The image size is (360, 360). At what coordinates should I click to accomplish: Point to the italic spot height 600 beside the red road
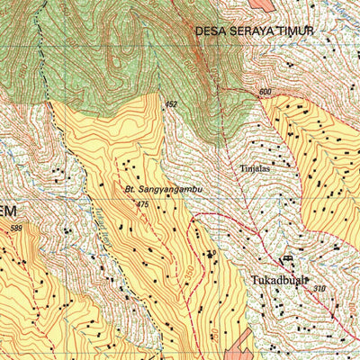265,92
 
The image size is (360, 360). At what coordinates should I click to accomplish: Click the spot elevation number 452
170,104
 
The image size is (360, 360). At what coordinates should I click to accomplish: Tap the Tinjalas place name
256,166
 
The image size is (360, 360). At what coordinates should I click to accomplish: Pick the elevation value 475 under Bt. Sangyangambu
141,205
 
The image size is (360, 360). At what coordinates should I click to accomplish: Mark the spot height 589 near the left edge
16,228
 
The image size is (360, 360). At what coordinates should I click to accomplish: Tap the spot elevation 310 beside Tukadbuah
321,288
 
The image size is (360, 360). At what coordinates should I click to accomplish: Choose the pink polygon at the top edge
261,4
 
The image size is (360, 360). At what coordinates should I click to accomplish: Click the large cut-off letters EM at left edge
7,211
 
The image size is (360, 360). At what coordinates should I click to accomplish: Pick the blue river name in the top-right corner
342,11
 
